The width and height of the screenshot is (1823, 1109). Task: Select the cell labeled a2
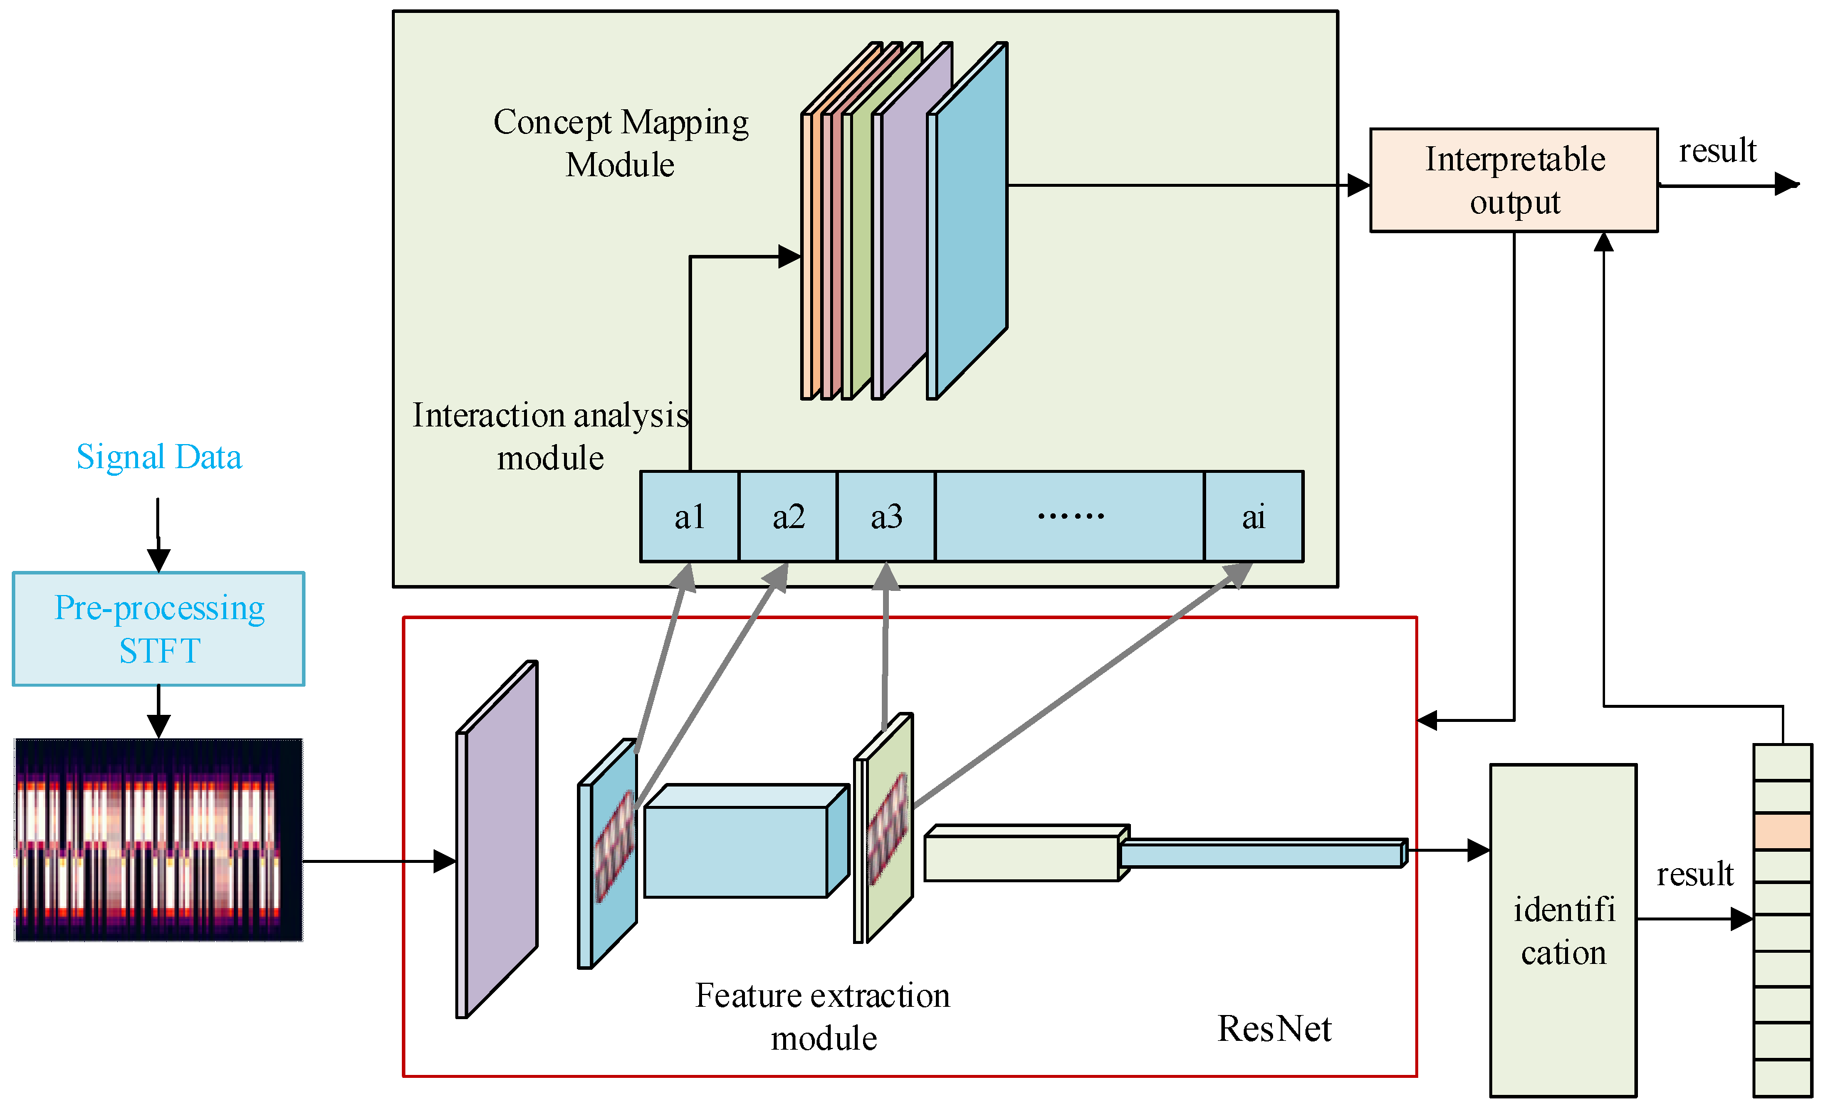(x=788, y=516)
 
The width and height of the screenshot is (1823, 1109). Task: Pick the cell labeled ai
(x=1253, y=516)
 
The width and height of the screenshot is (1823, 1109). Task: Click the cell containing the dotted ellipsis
(x=1070, y=516)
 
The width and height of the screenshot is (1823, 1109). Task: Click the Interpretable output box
(x=1514, y=180)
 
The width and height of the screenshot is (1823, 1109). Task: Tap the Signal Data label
(x=159, y=456)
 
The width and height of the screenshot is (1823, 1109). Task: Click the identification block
(x=1563, y=930)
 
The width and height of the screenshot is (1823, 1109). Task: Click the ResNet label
(x=1274, y=1029)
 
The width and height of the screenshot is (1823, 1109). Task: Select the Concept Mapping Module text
(x=621, y=143)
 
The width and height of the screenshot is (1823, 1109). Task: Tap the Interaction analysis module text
(x=550, y=436)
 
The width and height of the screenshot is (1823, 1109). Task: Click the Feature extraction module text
(x=822, y=1017)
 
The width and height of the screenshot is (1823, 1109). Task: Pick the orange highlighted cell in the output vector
(x=1782, y=832)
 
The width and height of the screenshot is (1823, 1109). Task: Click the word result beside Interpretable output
(x=1717, y=151)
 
